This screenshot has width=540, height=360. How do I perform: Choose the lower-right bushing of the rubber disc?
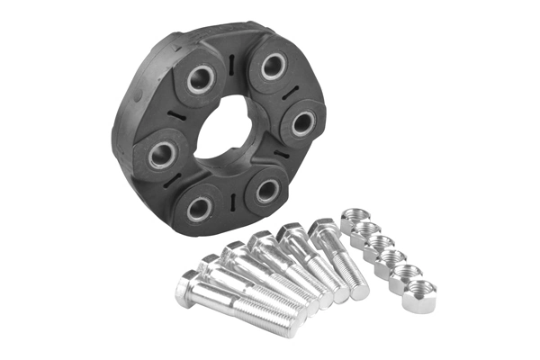267,190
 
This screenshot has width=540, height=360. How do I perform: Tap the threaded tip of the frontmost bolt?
290,325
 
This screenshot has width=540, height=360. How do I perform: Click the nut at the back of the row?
350,219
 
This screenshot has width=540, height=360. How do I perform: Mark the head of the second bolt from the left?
209,265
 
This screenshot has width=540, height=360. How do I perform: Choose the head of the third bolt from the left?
232,251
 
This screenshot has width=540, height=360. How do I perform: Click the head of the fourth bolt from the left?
260,241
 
